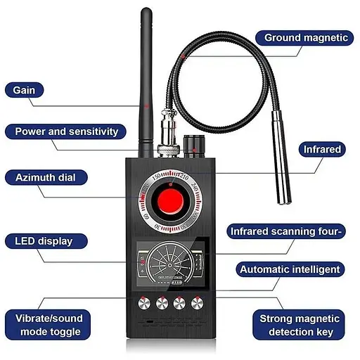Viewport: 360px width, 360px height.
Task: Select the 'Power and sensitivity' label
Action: (66, 131)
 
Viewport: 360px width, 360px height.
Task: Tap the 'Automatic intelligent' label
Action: (290, 269)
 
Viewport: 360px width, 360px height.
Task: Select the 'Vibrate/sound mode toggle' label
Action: (48, 325)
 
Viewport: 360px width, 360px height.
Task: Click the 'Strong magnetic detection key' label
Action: (300, 325)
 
